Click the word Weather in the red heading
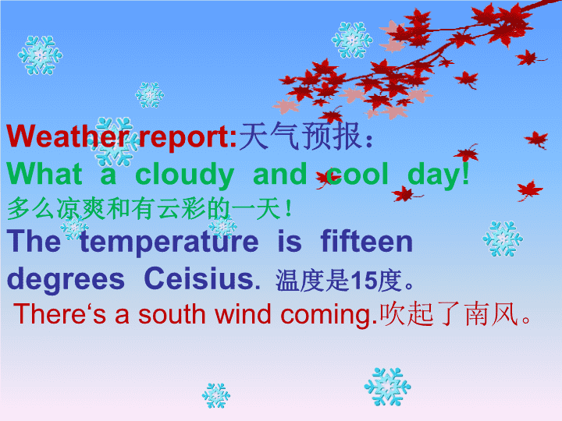tap(70, 136)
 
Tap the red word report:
tap(188, 138)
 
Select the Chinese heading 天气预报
tap(300, 136)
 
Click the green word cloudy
tap(184, 175)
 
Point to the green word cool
tap(357, 175)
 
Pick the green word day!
tap(439, 175)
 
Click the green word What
tap(44, 174)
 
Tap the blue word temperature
tap(169, 242)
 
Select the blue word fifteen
tap(367, 241)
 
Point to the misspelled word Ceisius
tap(202, 278)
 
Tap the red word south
tap(172, 314)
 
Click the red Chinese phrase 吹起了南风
tap(449, 314)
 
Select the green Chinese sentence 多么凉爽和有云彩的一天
tap(144, 209)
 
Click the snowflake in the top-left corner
tap(40, 55)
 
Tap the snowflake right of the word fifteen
tap(503, 239)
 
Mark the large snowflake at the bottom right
tap(387, 387)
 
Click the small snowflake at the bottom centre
tap(216, 395)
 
